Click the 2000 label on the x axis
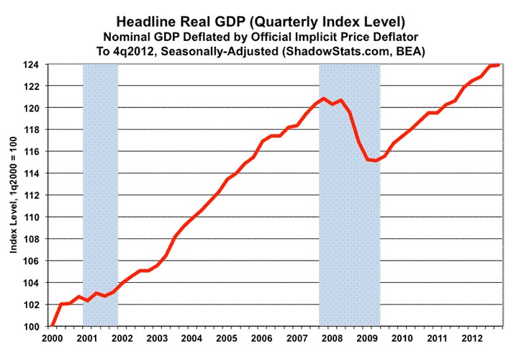click(52, 338)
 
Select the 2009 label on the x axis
click(366, 338)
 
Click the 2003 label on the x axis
click(156, 338)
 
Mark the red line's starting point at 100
click(53, 325)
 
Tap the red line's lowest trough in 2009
click(376, 161)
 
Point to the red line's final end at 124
click(499, 65)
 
